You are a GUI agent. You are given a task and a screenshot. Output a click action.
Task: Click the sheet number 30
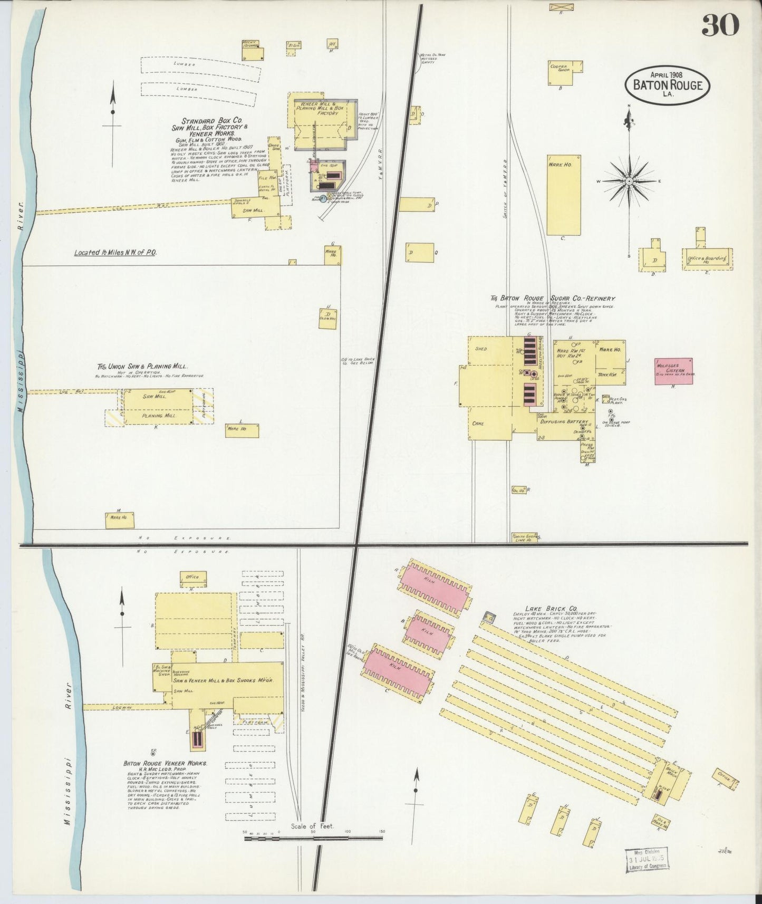(720, 25)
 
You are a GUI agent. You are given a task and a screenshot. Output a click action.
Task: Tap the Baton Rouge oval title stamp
(667, 84)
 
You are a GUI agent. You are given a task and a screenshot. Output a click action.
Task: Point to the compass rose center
(629, 181)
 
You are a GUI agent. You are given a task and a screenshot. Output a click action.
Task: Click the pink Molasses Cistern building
(673, 371)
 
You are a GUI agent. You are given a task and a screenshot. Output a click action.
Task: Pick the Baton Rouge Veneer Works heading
(165, 763)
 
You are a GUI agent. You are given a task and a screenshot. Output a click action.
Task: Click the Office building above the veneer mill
(193, 578)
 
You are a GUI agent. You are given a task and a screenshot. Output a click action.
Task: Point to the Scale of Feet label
(312, 826)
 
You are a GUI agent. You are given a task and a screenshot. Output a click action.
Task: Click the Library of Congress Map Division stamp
(647, 860)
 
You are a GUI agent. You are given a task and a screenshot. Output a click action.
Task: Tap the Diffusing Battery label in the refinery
(562, 421)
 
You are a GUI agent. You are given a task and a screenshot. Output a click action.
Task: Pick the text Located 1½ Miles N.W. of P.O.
(115, 253)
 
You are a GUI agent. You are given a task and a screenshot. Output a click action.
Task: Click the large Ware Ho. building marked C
(563, 195)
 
